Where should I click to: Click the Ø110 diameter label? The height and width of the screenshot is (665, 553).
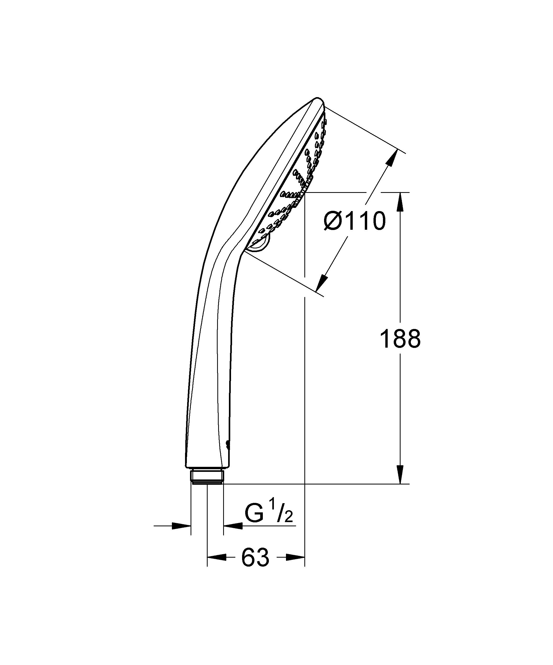click(354, 221)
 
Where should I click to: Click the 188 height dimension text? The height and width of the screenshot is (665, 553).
click(400, 339)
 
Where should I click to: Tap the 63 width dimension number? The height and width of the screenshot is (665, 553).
click(255, 558)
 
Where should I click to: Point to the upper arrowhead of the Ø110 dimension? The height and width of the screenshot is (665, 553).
click(393, 158)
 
